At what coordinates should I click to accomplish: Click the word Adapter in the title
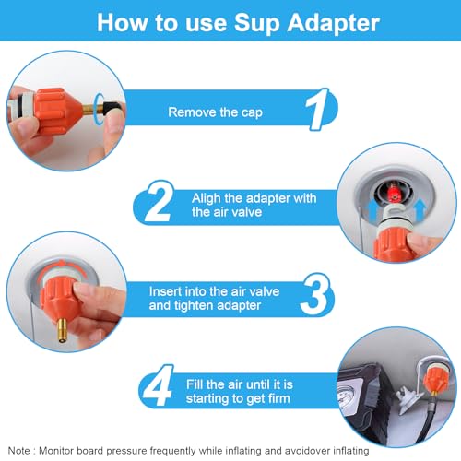(x=333, y=23)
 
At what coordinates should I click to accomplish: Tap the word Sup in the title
(x=257, y=24)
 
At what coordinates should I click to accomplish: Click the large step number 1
(x=318, y=109)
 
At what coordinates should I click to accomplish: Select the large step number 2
(x=159, y=201)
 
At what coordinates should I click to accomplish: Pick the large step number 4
(x=159, y=385)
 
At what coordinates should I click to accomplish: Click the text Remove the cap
(x=215, y=112)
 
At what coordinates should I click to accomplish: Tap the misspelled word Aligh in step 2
(x=206, y=199)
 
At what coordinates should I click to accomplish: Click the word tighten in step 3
(x=194, y=305)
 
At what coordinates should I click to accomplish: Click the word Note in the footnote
(x=19, y=451)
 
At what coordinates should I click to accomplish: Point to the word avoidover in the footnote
(x=307, y=451)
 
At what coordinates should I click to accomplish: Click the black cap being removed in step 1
(x=112, y=108)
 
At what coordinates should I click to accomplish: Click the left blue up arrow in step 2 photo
(x=372, y=209)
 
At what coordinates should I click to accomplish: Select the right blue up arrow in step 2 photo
(x=420, y=209)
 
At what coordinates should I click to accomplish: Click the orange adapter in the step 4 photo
(x=434, y=380)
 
